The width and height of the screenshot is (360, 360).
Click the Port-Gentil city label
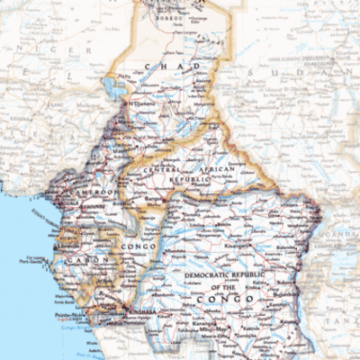[x=34, y=262]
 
